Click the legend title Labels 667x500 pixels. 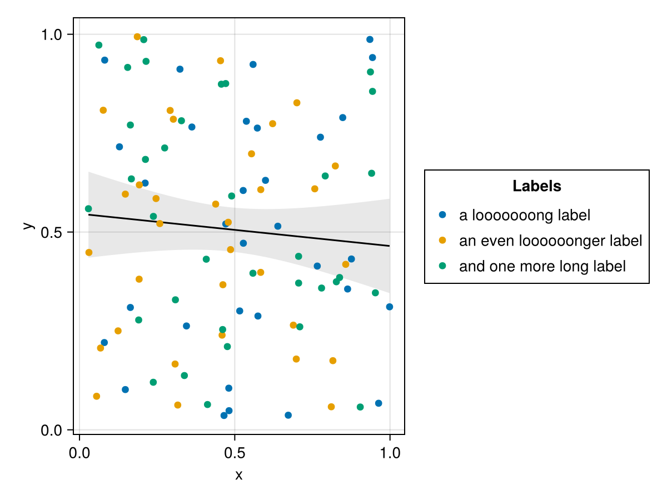coord(536,187)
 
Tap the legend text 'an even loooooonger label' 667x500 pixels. coord(550,241)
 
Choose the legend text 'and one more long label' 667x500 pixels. coord(542,266)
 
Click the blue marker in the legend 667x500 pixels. coord(442,214)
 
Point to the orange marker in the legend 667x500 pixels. coord(442,240)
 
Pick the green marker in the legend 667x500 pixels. coord(442,266)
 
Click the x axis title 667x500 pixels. coord(239,476)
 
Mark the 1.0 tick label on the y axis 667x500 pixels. coord(54,34)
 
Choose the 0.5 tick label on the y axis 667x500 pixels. coord(54,232)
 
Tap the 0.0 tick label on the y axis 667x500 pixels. coord(54,430)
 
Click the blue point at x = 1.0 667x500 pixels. coord(390,307)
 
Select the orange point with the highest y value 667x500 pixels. coord(137,37)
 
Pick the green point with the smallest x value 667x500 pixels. coord(88,209)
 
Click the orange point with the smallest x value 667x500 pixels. coord(89,252)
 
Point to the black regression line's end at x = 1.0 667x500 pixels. coord(389,246)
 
